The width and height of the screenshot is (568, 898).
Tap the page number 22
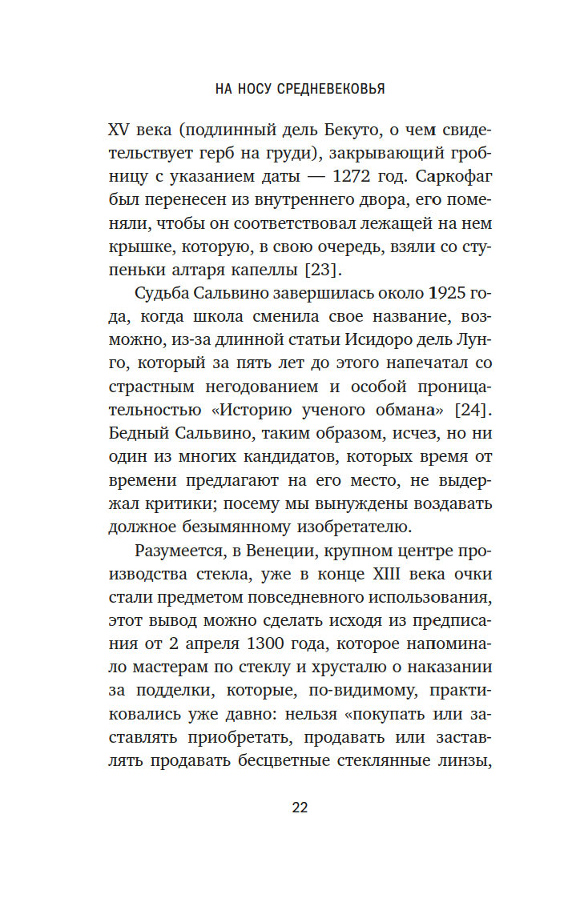click(300, 808)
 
